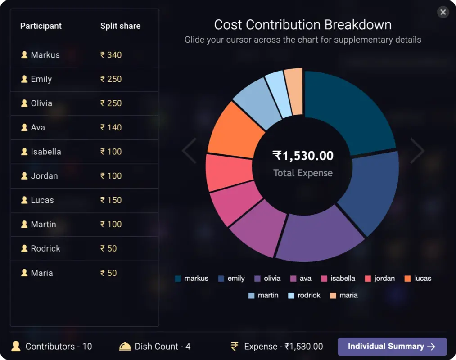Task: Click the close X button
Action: [x=443, y=12]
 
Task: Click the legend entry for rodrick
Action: [x=304, y=296]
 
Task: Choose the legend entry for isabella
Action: [x=338, y=279]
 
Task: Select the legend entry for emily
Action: [x=231, y=279]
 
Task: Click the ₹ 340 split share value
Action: [x=111, y=55]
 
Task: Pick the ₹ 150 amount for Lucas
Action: [x=111, y=200]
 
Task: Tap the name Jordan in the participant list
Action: [x=44, y=176]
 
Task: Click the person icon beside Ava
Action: [x=24, y=127]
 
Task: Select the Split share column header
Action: [x=120, y=26]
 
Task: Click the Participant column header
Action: [x=41, y=26]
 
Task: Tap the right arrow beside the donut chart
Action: [x=417, y=151]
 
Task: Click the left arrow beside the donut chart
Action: [x=189, y=151]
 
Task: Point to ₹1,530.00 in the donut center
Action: [x=303, y=156]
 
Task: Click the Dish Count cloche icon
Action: [x=125, y=346]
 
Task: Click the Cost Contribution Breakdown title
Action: [x=302, y=25]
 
